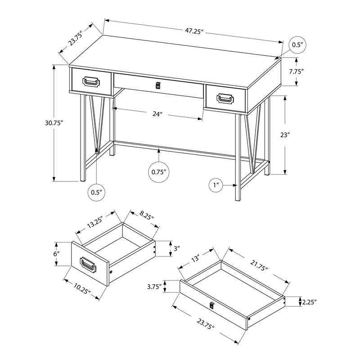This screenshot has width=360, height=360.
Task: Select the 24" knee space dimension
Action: (x=157, y=114)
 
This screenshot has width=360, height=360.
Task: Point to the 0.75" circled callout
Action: (x=159, y=171)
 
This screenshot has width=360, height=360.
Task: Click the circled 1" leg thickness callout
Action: (x=216, y=185)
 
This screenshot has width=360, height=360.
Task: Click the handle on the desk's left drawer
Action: (x=91, y=81)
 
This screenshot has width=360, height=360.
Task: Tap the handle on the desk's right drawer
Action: (x=225, y=99)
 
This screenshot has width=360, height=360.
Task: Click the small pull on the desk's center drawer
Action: (x=157, y=85)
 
